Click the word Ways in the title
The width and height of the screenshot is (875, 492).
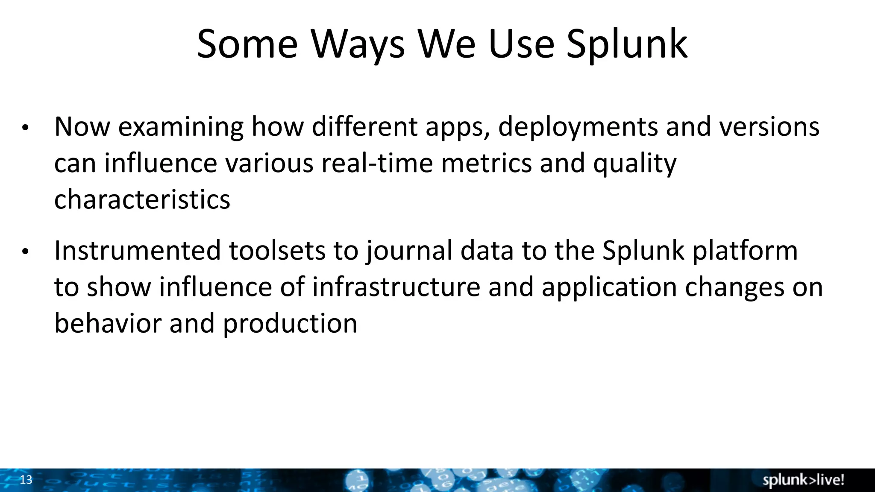pyautogui.click(x=357, y=44)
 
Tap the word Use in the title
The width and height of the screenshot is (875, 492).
pyautogui.click(x=521, y=44)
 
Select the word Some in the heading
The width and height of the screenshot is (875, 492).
pyautogui.click(x=247, y=44)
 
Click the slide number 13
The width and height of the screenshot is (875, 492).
pyautogui.click(x=26, y=480)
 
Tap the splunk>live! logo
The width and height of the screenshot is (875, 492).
pyautogui.click(x=803, y=480)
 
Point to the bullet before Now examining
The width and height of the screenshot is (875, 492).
pyautogui.click(x=25, y=128)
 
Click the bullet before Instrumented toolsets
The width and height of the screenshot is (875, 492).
pyautogui.click(x=25, y=252)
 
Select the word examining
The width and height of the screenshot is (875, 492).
pyautogui.click(x=181, y=127)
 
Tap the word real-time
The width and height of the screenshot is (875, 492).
pyautogui.click(x=377, y=164)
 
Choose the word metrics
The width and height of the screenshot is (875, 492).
pyautogui.click(x=486, y=164)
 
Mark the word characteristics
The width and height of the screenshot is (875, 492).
pyautogui.click(x=142, y=200)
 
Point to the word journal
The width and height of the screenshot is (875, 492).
pyautogui.click(x=409, y=251)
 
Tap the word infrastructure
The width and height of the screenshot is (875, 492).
pyautogui.click(x=396, y=287)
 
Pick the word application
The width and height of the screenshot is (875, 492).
pyautogui.click(x=610, y=288)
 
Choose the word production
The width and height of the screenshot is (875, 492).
pyautogui.click(x=290, y=324)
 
